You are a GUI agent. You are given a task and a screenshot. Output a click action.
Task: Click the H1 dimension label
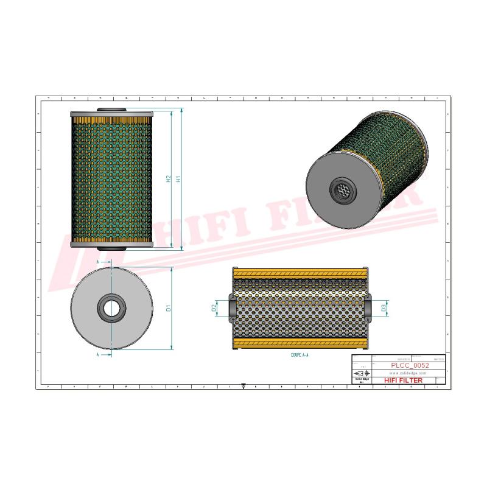[178, 180]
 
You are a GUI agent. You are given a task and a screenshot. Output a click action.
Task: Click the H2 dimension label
[169, 180]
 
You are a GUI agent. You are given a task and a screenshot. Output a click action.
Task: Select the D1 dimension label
[169, 309]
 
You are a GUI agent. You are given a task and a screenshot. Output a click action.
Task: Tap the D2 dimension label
[214, 309]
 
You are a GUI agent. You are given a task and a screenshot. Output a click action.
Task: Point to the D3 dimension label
[384, 308]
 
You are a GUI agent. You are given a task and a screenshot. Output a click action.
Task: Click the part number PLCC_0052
[410, 365]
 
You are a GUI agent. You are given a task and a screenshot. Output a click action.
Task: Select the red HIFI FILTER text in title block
[403, 380]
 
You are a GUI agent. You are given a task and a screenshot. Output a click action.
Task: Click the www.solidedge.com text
[403, 373]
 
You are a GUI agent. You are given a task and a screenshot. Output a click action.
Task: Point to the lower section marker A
[99, 354]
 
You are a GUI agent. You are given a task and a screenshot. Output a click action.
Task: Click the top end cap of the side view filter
[111, 114]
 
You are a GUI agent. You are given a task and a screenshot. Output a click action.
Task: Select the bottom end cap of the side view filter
[111, 244]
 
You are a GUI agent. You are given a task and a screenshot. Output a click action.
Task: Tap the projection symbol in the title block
[363, 373]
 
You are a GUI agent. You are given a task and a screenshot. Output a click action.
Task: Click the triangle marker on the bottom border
[243, 386]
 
